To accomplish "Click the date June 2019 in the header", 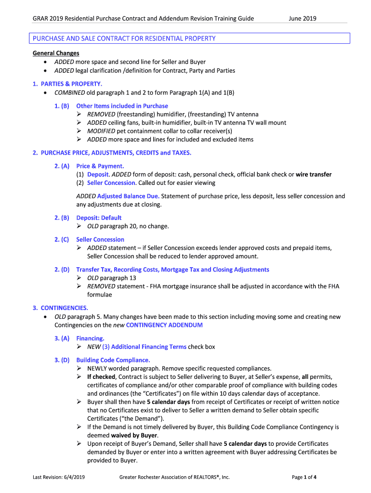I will (x=302, y=19).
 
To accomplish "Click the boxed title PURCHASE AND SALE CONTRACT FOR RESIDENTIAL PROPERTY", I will (x=124, y=39).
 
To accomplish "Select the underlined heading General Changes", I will (x=56, y=53).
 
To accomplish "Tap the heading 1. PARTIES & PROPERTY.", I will (x=67, y=84).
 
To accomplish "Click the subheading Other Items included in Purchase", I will (x=122, y=106).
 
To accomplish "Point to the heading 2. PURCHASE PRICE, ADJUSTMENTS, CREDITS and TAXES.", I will (x=112, y=153).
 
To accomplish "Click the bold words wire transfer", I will (x=313, y=174).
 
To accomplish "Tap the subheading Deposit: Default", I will (x=99, y=218).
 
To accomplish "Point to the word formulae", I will (x=99, y=295).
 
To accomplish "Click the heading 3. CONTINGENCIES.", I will (x=60, y=308).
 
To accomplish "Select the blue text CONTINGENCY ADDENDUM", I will (x=164, y=325).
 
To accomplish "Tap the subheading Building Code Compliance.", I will (x=113, y=360).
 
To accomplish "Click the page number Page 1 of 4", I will (x=304, y=477).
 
